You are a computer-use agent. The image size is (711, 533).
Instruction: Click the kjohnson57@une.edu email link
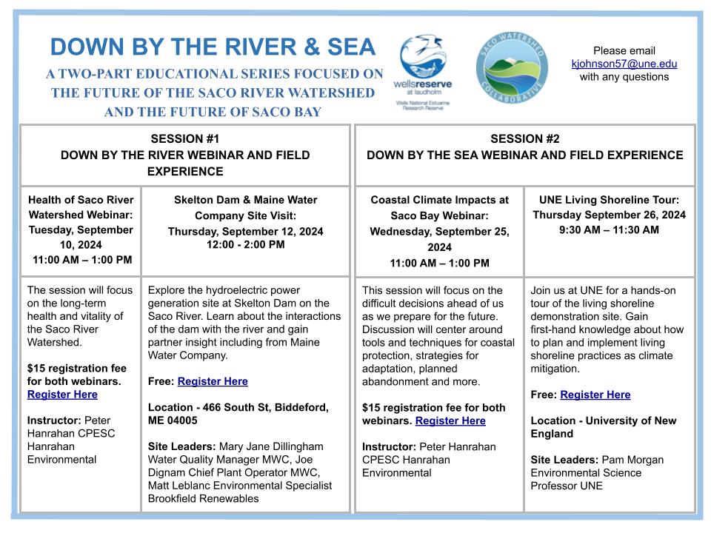pos(624,64)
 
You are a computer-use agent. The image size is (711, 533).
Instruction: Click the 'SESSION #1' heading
pos(184,138)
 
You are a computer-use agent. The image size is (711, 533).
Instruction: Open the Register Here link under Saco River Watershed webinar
pos(62,395)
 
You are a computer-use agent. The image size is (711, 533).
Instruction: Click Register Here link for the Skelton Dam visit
pos(213,381)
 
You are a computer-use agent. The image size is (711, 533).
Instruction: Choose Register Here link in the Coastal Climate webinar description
pos(450,420)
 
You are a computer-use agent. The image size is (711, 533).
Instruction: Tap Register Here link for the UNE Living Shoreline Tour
pos(595,395)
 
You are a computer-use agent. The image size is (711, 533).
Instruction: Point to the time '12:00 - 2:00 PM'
pos(245,244)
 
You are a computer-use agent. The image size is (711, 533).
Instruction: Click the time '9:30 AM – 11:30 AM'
pos(610,229)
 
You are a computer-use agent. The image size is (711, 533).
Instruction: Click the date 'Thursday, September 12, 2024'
pos(245,231)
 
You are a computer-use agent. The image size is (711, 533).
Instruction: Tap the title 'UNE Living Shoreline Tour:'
pos(610,199)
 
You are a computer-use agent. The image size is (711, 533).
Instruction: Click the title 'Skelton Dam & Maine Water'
pos(245,199)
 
